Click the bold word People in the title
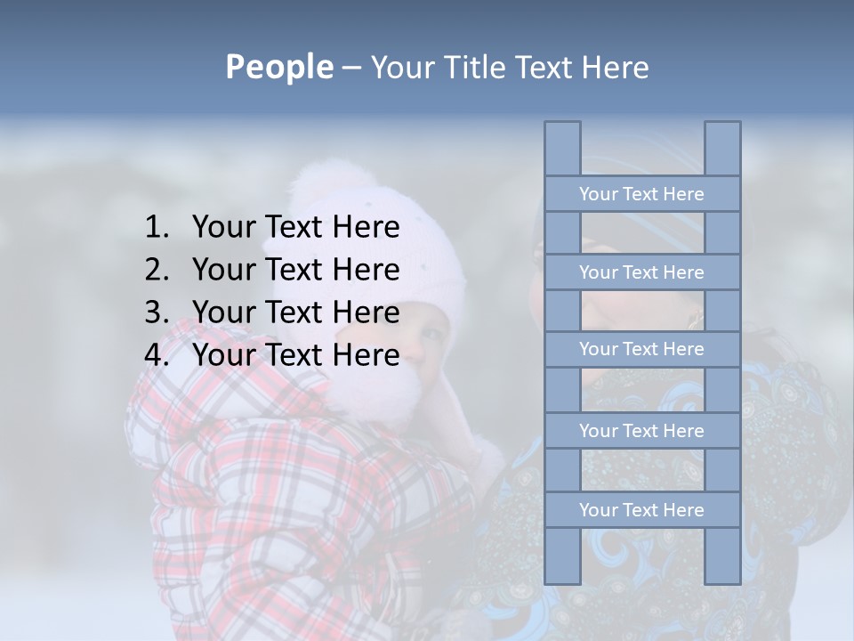tap(278, 68)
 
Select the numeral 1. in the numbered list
tap(156, 228)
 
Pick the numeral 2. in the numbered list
tap(156, 270)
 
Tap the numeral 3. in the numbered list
tap(156, 312)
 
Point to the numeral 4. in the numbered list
tap(156, 355)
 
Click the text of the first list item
tap(295, 228)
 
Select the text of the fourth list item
tap(295, 355)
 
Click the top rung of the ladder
tap(641, 194)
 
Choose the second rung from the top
tap(641, 272)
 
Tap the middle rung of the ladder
tap(641, 349)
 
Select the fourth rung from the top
tap(641, 431)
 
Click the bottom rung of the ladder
tap(641, 510)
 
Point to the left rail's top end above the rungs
tap(562, 148)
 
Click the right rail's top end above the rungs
tap(722, 148)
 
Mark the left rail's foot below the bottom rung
tap(562, 556)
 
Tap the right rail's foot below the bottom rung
tap(722, 556)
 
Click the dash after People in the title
tap(350, 69)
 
